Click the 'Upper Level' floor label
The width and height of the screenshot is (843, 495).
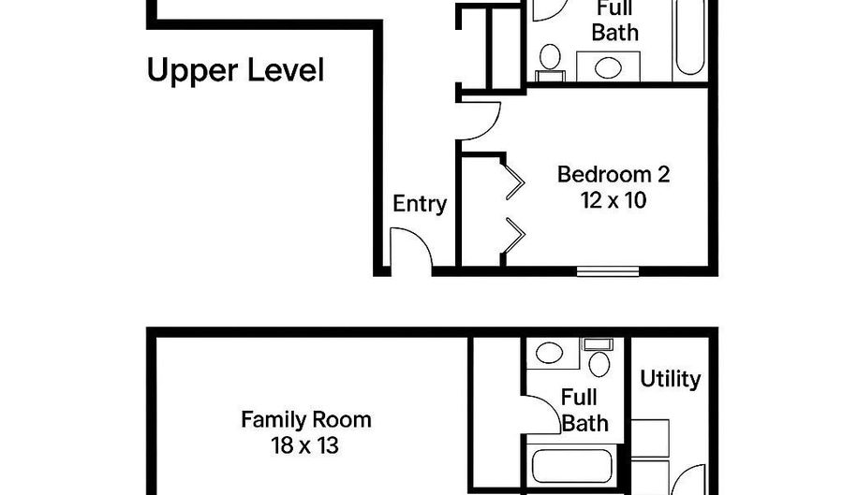click(235, 70)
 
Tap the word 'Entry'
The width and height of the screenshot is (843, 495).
click(419, 204)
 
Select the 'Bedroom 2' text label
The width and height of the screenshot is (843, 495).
click(614, 174)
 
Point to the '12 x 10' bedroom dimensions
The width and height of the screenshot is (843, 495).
click(614, 200)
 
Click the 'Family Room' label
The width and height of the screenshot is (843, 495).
click(305, 419)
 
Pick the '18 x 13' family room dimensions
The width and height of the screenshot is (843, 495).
click(305, 444)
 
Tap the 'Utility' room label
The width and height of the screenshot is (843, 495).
click(670, 379)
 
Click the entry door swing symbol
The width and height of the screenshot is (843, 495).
click(408, 253)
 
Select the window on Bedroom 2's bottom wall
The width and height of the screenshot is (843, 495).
click(608, 272)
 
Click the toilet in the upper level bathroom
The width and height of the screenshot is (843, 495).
click(549, 59)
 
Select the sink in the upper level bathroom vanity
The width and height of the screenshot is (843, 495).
click(608, 67)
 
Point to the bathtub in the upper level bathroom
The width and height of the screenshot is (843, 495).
click(689, 37)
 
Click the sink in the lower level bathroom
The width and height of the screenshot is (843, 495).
click(548, 354)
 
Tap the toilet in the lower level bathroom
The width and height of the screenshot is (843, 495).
click(598, 359)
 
